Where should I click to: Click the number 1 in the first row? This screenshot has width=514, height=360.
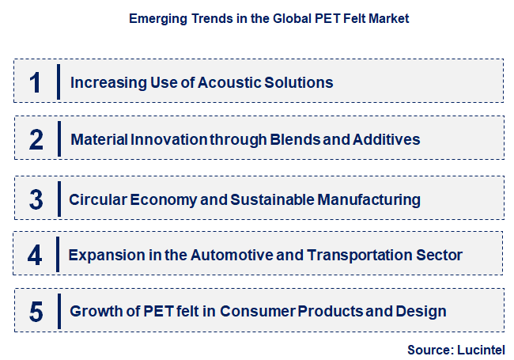coord(36,82)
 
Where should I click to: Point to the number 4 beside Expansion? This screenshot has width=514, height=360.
coord(36,256)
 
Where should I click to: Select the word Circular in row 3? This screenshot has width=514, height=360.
coord(96,199)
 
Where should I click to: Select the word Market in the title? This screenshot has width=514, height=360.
coord(388,18)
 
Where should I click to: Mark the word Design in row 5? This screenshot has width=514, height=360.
coord(425,312)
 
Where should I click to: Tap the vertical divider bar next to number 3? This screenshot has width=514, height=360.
coord(59,198)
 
